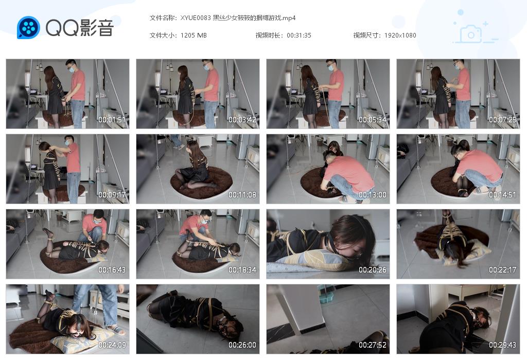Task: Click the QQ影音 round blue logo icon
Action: point(28,27)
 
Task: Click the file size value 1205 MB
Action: point(194,35)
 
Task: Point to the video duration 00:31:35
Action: point(299,35)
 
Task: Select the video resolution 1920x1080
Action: point(400,35)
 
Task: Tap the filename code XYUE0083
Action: point(196,18)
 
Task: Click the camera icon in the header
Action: point(470,34)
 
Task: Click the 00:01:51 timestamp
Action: point(112,120)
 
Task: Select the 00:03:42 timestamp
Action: point(242,120)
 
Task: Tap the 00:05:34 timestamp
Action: point(372,120)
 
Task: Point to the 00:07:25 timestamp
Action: point(502,120)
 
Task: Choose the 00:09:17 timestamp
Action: point(112,195)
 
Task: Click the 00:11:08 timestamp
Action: point(242,195)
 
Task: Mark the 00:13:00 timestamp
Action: point(372,195)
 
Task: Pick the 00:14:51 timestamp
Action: point(502,195)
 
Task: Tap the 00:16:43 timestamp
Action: point(112,270)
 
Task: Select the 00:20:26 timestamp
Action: point(372,270)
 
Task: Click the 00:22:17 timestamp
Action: point(502,270)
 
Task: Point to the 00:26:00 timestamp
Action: point(242,345)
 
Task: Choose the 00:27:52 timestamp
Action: point(372,345)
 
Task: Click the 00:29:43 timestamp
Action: point(502,345)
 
